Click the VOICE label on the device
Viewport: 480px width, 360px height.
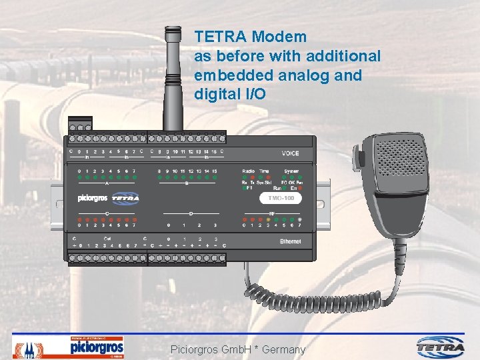291,153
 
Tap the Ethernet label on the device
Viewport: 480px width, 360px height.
290,241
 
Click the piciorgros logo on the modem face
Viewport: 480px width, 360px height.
92,198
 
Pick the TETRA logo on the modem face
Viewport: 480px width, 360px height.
125,198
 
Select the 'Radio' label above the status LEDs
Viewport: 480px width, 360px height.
248,171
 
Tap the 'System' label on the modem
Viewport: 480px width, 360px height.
291,171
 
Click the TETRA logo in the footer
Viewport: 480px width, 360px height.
441,347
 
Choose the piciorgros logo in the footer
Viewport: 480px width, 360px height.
97,347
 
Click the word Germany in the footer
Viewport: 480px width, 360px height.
284,349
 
